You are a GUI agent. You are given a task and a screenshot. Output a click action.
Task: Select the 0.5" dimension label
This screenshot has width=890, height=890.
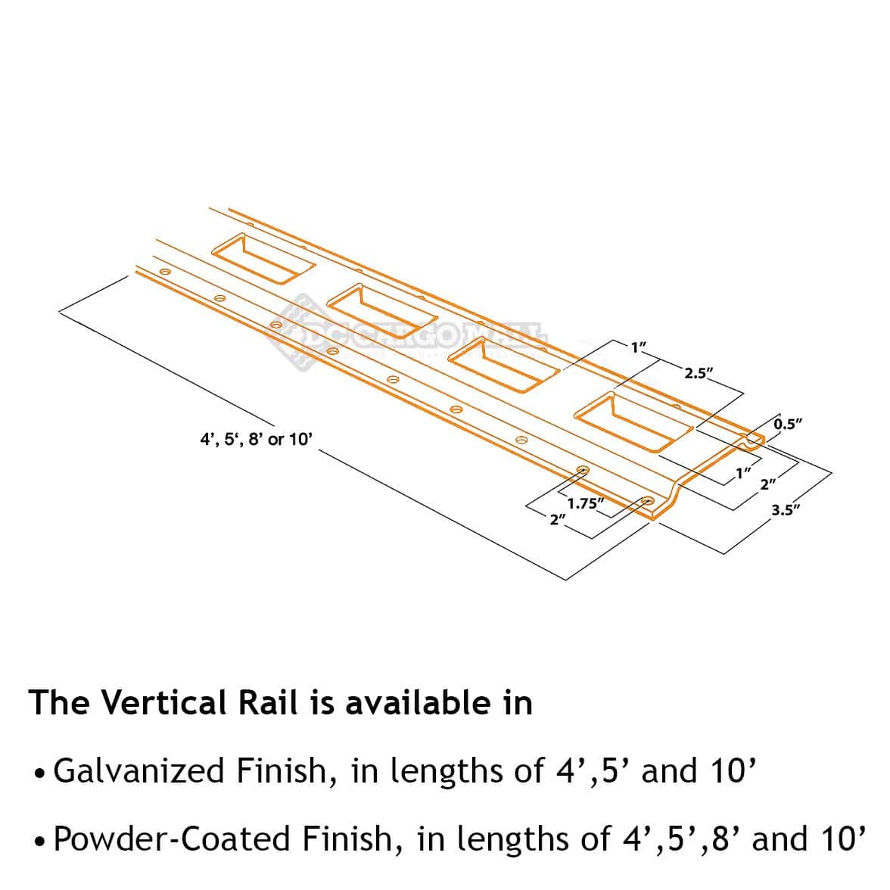click(788, 424)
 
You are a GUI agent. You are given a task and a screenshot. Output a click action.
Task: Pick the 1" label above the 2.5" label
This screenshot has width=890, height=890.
click(638, 347)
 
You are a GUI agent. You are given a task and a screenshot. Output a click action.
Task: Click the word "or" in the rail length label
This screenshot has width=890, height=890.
click(276, 439)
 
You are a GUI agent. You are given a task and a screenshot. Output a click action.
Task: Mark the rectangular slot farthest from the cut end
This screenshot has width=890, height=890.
click(262, 257)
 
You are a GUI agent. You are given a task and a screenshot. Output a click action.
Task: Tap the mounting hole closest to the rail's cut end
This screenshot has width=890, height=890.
click(648, 501)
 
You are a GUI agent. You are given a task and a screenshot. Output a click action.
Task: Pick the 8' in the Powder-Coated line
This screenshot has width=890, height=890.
click(720, 839)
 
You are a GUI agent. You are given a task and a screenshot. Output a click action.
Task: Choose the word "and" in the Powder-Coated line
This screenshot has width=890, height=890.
click(780, 839)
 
